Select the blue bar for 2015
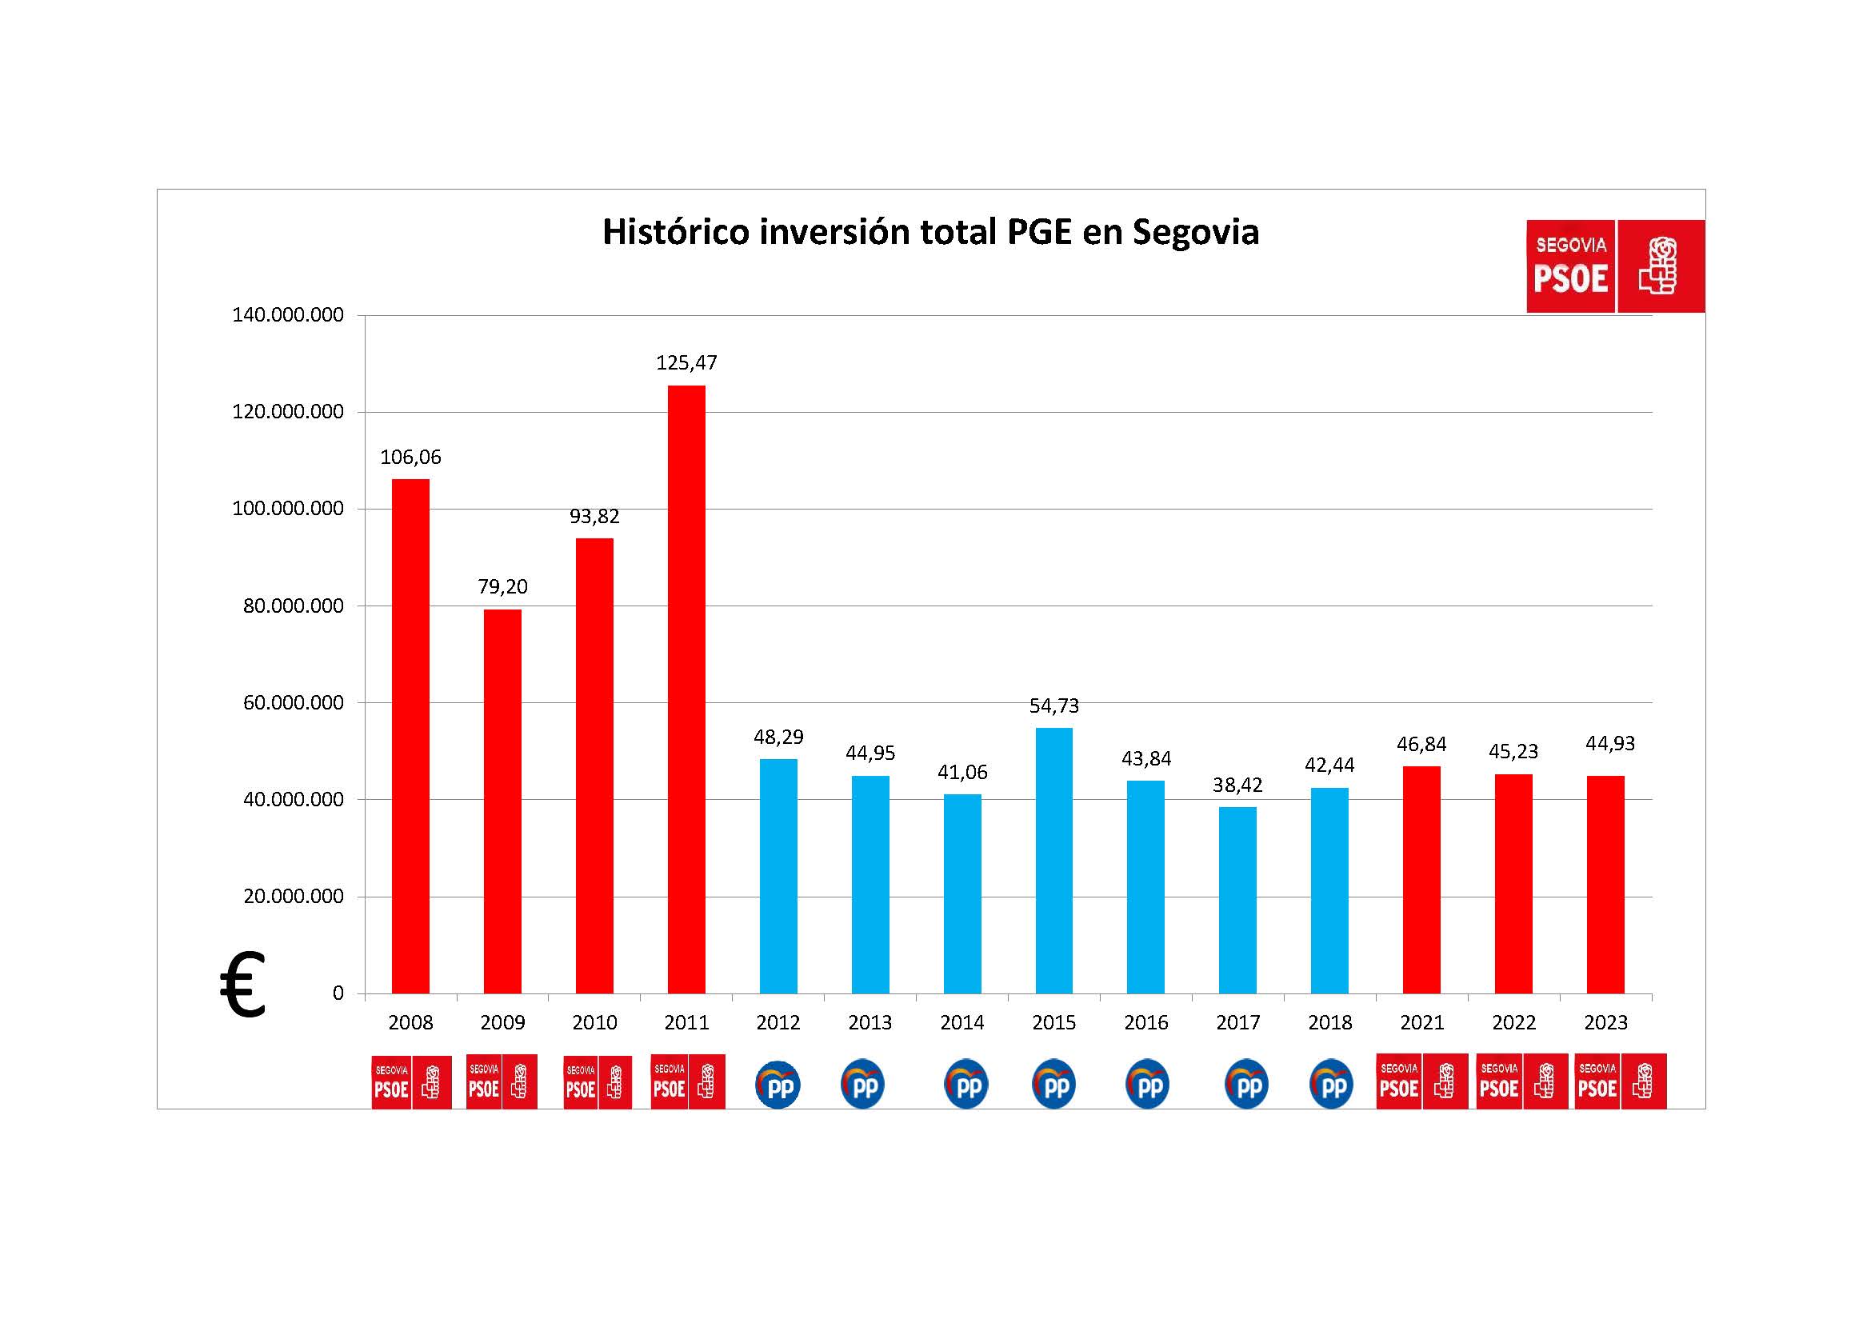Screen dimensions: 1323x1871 (x=1053, y=861)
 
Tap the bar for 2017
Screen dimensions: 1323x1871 (x=1237, y=900)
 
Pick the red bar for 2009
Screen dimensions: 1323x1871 (x=502, y=801)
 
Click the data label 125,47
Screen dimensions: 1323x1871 (x=686, y=362)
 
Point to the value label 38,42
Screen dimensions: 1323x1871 (x=1237, y=785)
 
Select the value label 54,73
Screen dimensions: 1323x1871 (x=1053, y=705)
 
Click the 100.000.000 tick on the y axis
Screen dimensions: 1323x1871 (x=288, y=509)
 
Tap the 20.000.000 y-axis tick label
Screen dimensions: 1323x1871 (x=294, y=896)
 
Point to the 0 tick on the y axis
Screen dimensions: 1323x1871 (x=338, y=993)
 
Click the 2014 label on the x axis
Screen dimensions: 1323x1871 (x=961, y=1022)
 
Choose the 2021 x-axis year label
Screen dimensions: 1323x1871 (x=1422, y=1022)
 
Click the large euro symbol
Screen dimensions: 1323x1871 (x=243, y=985)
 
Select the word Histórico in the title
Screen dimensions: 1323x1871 (x=676, y=232)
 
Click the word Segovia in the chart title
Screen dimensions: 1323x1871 (x=1195, y=232)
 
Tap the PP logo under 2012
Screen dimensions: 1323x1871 (x=778, y=1085)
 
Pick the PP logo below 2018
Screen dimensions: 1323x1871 (x=1331, y=1085)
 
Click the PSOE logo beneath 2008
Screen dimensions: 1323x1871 (x=411, y=1083)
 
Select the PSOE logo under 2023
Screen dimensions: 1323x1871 (x=1620, y=1081)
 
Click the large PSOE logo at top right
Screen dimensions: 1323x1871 (x=1614, y=266)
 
